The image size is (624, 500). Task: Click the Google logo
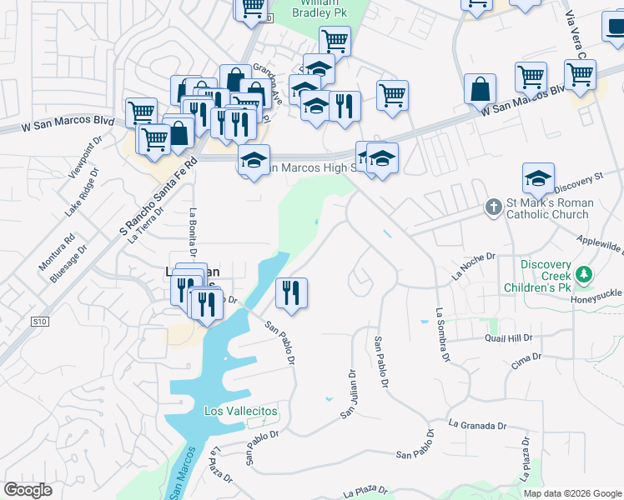tap(28, 490)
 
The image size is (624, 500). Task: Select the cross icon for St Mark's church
tap(494, 206)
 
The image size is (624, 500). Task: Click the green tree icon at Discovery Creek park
tap(585, 272)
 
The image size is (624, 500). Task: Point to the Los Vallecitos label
tap(241, 412)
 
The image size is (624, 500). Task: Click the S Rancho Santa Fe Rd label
tap(157, 195)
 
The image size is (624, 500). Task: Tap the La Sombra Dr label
tap(442, 336)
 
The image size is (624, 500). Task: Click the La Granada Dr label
tap(478, 424)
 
